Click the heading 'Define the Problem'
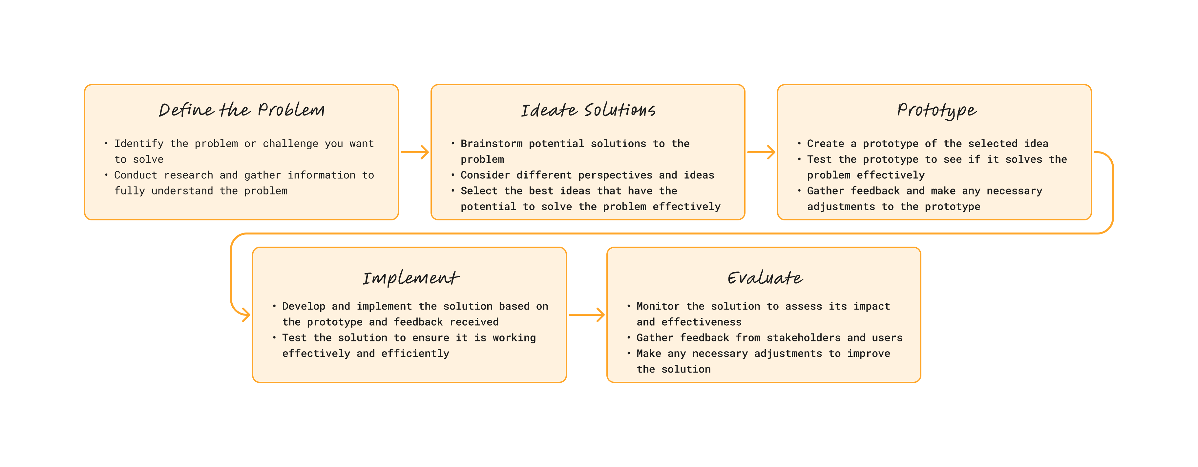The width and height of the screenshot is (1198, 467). tap(242, 110)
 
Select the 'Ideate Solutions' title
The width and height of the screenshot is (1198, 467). tap(588, 110)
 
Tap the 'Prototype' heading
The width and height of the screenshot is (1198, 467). tap(936, 111)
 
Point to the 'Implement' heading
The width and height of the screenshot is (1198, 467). tap(410, 278)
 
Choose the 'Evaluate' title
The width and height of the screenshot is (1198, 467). tap(765, 278)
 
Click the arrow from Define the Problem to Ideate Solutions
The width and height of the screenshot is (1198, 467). tap(415, 152)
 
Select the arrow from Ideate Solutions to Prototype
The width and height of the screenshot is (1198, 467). tap(761, 152)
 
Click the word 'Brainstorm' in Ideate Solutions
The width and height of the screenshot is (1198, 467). tap(492, 144)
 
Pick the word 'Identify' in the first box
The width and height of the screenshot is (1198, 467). tap(138, 144)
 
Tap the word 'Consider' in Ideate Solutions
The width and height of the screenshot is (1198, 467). tap(485, 175)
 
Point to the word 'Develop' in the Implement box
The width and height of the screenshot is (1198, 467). tap(304, 306)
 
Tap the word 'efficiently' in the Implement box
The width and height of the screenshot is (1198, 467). tap(415, 354)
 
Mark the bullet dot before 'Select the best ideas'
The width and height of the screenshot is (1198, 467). tap(452, 191)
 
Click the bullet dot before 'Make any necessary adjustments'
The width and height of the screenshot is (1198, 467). tap(629, 353)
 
